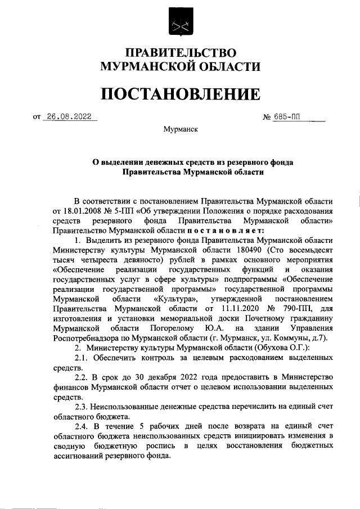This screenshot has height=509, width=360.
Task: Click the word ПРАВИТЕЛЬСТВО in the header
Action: point(180,53)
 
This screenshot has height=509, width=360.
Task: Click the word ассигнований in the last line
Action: point(79,456)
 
